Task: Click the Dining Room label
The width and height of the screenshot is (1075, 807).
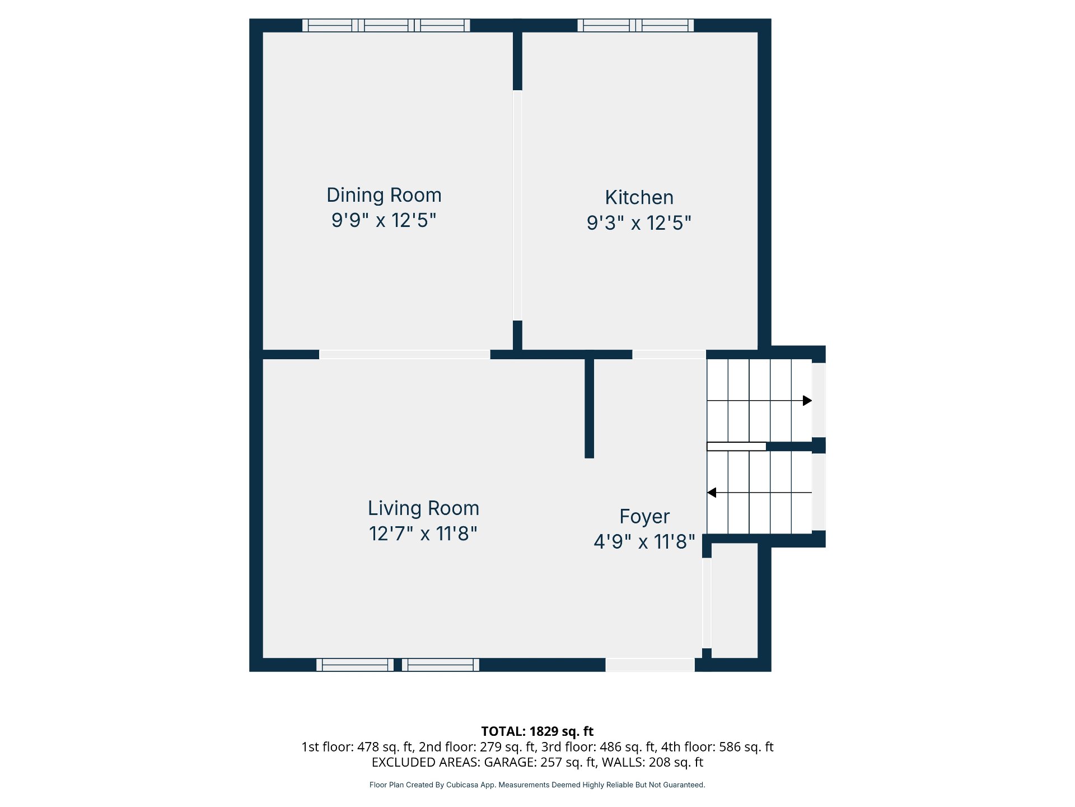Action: [x=384, y=195]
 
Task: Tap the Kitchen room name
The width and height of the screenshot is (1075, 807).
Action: [x=639, y=197]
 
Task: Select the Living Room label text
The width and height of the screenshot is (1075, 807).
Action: [x=423, y=508]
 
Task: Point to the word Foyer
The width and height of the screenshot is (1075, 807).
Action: [x=644, y=517]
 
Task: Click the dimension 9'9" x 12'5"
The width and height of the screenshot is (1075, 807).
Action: [x=384, y=220]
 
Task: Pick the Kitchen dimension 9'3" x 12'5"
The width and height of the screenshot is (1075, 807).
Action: [x=639, y=223]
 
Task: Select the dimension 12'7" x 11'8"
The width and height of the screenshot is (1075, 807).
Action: [x=423, y=534]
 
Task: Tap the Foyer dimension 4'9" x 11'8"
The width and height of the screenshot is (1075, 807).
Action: [x=644, y=542]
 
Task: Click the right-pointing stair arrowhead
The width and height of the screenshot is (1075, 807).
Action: [x=807, y=401]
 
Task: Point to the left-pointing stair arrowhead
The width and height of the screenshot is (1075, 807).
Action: [x=712, y=493]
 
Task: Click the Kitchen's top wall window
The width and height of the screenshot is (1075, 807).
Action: [x=635, y=25]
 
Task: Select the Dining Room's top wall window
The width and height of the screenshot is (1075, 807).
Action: [x=386, y=25]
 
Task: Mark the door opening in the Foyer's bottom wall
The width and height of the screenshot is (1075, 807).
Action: [x=650, y=665]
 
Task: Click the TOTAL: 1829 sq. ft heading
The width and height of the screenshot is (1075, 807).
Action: [x=537, y=731]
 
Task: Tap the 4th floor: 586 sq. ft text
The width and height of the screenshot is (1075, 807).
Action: [x=717, y=747]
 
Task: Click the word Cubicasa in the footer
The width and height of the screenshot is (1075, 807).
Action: [x=462, y=785]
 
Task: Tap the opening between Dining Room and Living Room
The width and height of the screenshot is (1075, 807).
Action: [x=405, y=355]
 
